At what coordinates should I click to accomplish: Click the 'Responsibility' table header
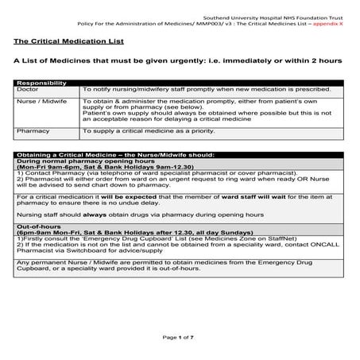41,83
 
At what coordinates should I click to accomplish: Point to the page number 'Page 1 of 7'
180,338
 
